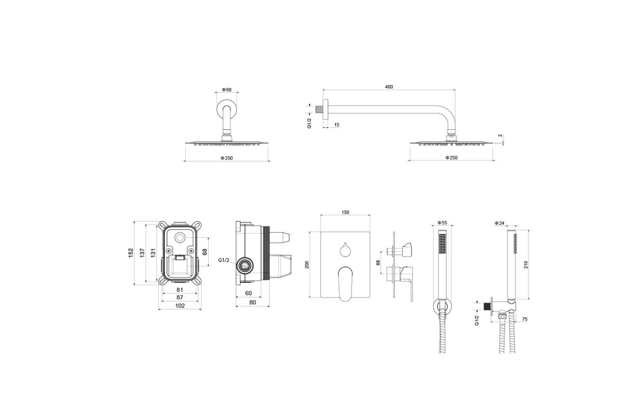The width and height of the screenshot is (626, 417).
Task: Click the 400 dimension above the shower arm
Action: (x=389, y=87)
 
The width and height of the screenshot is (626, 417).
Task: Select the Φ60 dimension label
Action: (x=226, y=90)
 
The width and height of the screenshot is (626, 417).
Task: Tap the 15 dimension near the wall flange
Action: (x=337, y=125)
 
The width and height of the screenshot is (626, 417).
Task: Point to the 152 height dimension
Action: (x=131, y=253)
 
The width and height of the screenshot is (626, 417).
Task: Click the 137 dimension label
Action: (x=142, y=253)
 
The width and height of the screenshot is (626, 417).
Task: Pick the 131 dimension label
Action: (x=153, y=253)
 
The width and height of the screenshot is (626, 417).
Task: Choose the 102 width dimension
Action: (x=180, y=306)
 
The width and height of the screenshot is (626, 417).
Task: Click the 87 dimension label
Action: (x=179, y=298)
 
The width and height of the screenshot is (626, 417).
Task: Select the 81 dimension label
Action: (x=179, y=290)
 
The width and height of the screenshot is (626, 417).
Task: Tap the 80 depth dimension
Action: (x=252, y=302)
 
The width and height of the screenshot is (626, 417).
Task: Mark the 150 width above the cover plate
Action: (x=345, y=212)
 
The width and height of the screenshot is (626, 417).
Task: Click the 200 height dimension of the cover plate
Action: (x=307, y=265)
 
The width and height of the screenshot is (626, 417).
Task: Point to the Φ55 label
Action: (x=442, y=223)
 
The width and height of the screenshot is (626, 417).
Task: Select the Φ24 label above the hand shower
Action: (x=499, y=223)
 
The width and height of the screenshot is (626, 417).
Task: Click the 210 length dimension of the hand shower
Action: (x=526, y=265)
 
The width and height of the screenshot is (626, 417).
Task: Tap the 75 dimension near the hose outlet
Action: (x=525, y=319)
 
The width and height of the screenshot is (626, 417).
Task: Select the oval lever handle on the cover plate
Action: (x=345, y=284)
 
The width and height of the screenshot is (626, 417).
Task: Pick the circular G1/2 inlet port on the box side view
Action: (x=245, y=265)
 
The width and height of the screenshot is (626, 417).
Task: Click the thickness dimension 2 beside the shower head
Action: (x=500, y=136)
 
